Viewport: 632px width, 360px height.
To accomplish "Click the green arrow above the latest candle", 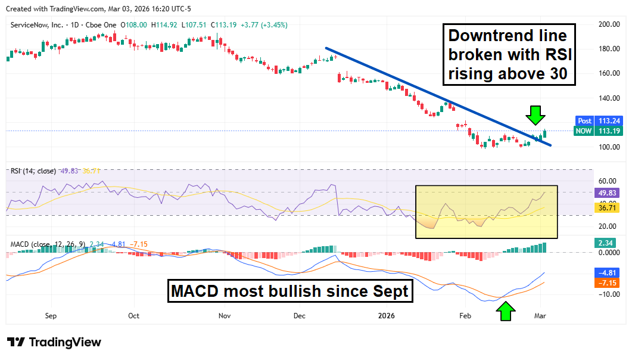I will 536,114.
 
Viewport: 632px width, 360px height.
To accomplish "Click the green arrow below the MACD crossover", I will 506,311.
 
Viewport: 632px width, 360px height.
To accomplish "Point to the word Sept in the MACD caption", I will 390,291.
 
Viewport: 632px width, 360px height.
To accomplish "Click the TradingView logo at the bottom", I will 54,342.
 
